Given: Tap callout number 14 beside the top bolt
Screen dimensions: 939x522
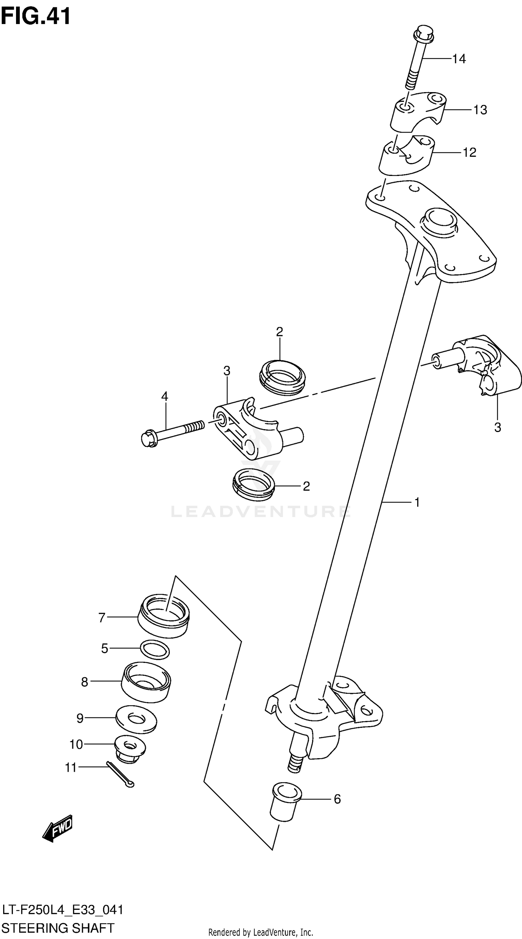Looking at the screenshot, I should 459,59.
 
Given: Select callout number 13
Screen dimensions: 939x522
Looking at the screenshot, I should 480,110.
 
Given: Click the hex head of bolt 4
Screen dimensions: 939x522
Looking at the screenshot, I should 149,439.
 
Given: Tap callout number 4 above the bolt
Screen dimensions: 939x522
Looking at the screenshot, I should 165,396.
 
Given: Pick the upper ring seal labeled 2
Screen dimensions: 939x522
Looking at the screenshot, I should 282,377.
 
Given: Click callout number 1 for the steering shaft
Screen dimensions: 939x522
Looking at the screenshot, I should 417,502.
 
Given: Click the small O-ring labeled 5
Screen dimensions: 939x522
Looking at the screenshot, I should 155,650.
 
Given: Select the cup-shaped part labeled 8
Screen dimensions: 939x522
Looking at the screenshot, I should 146,683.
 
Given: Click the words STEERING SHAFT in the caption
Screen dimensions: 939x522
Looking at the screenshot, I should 58,928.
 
